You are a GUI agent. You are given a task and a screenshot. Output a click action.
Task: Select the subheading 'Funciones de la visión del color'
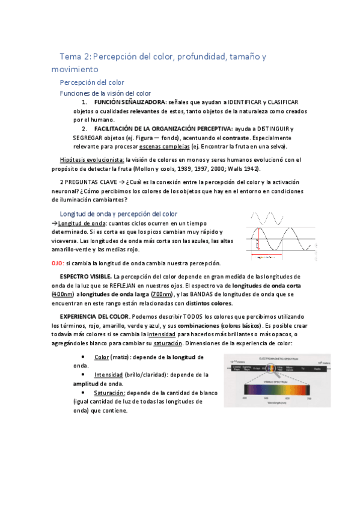105,93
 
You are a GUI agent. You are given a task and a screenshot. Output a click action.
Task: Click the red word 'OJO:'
58,263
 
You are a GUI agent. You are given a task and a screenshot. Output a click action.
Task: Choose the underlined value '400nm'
63,294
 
